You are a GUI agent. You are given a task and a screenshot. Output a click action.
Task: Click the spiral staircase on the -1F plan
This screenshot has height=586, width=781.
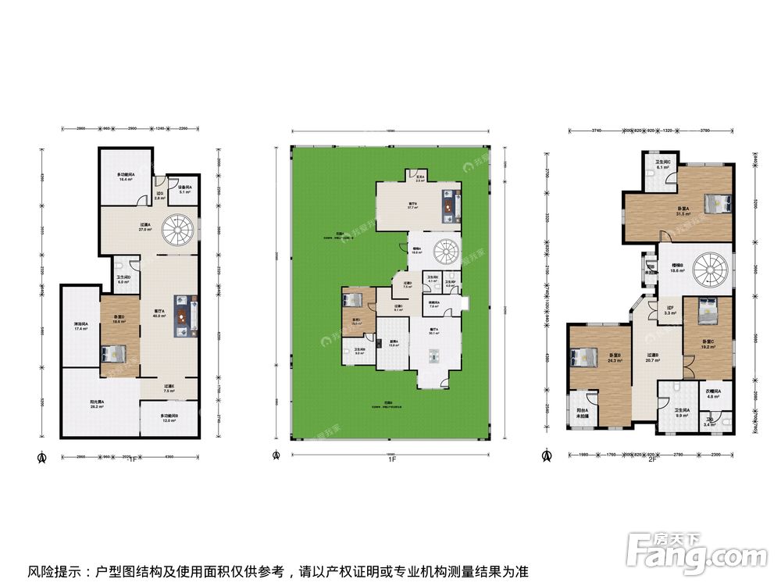(x=175, y=232)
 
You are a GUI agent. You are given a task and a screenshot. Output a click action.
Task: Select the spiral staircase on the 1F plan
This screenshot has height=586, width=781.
(x=447, y=254)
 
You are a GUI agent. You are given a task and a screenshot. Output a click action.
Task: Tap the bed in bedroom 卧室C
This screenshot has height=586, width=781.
(x=705, y=306)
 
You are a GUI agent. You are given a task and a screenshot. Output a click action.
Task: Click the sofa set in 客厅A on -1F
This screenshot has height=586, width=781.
(x=184, y=315)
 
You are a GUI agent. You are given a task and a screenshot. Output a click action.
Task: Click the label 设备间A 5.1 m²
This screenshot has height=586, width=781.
(x=184, y=188)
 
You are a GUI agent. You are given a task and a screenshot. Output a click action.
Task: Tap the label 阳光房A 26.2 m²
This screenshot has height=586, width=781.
(x=98, y=404)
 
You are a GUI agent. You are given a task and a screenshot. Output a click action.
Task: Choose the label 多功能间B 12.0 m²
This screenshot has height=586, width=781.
(x=169, y=418)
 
